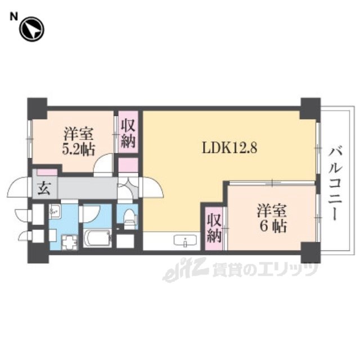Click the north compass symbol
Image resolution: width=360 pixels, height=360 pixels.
point(31,29)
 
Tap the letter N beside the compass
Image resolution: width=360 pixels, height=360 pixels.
point(13,17)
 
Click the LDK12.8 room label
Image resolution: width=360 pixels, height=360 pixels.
point(229,147)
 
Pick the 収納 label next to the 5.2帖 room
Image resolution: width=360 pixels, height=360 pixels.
point(128,133)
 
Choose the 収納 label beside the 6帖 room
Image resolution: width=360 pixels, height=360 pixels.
point(214,228)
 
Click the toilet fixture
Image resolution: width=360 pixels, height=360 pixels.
point(129,218)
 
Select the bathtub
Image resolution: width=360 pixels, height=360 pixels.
point(97,238)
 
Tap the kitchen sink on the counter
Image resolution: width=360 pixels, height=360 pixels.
point(185,241)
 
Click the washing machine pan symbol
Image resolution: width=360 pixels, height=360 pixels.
point(69,242)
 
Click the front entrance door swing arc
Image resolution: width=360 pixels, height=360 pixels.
point(17,186)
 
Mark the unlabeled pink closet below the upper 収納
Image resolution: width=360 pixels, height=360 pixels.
point(128,165)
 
